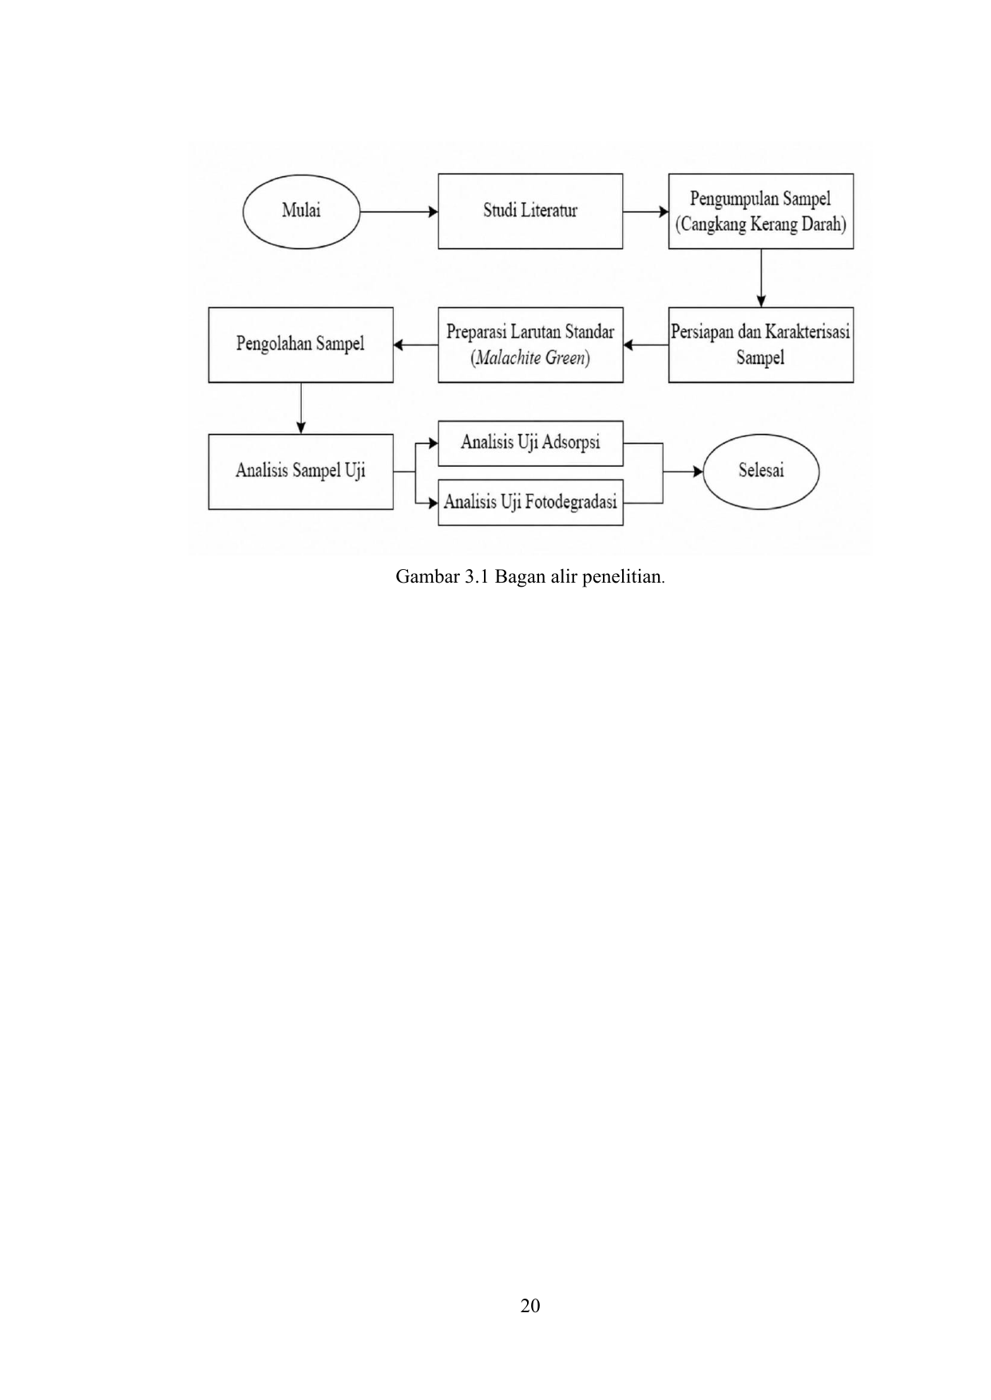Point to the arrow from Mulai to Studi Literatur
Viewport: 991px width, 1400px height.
pos(399,212)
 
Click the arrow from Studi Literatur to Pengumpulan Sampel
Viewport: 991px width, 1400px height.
pos(646,212)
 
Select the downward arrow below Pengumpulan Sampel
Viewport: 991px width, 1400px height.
pos(761,278)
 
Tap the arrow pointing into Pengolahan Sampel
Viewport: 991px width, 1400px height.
pos(416,345)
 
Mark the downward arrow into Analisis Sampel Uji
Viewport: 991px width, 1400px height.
pos(301,408)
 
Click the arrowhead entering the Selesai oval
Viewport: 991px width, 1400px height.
pos(697,472)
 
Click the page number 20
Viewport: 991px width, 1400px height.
pos(530,1306)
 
